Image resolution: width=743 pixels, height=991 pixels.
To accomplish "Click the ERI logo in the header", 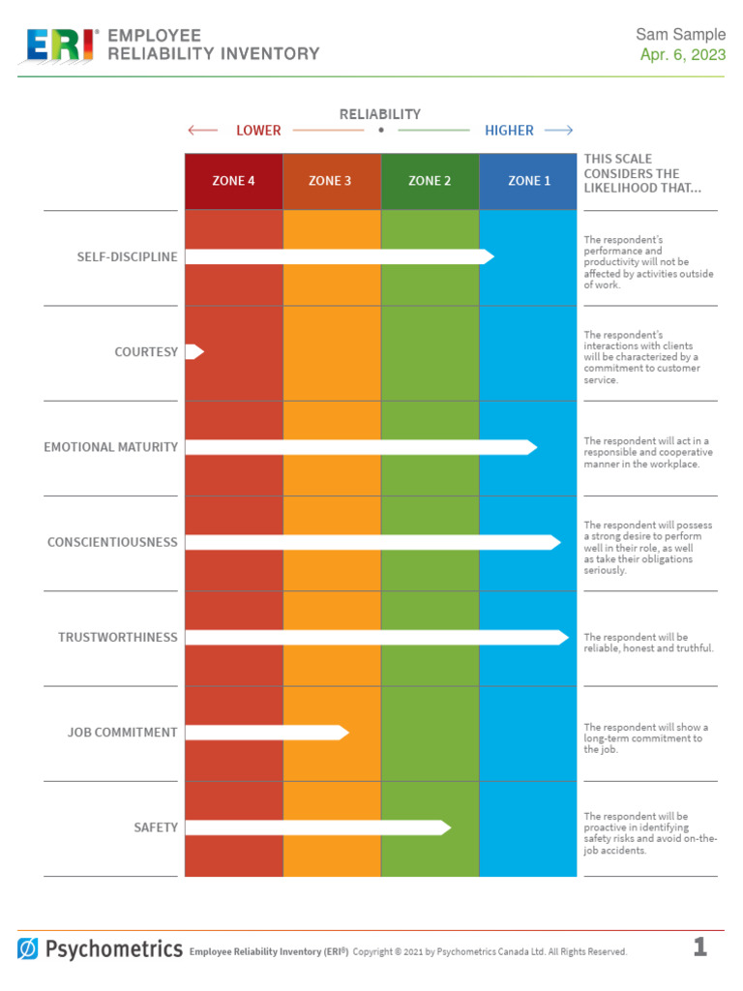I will click(x=60, y=45).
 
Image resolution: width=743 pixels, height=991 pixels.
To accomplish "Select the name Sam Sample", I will click(x=680, y=35).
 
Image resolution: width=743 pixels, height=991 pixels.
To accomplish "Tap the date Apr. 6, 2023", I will click(x=682, y=54).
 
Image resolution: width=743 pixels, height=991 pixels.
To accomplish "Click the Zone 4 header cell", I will click(x=233, y=181).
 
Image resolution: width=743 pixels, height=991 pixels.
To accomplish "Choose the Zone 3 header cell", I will click(x=331, y=181).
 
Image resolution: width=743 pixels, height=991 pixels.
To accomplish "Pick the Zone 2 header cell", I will click(x=430, y=181).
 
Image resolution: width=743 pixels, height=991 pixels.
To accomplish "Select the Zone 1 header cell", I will click(x=527, y=181).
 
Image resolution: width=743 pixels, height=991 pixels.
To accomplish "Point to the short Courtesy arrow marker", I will click(x=194, y=351).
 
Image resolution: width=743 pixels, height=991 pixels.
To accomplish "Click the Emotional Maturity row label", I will click(x=110, y=447).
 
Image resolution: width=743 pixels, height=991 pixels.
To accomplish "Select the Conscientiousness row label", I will click(x=112, y=542).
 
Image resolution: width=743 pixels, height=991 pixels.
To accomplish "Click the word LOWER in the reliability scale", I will click(x=258, y=131).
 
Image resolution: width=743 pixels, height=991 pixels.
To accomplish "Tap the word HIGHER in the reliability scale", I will click(x=509, y=131).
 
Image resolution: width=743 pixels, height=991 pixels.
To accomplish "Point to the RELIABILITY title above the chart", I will click(x=380, y=114).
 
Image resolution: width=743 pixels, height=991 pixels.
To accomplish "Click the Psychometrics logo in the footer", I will click(x=100, y=948).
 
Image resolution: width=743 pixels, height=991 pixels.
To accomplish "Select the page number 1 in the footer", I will click(x=699, y=947).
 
